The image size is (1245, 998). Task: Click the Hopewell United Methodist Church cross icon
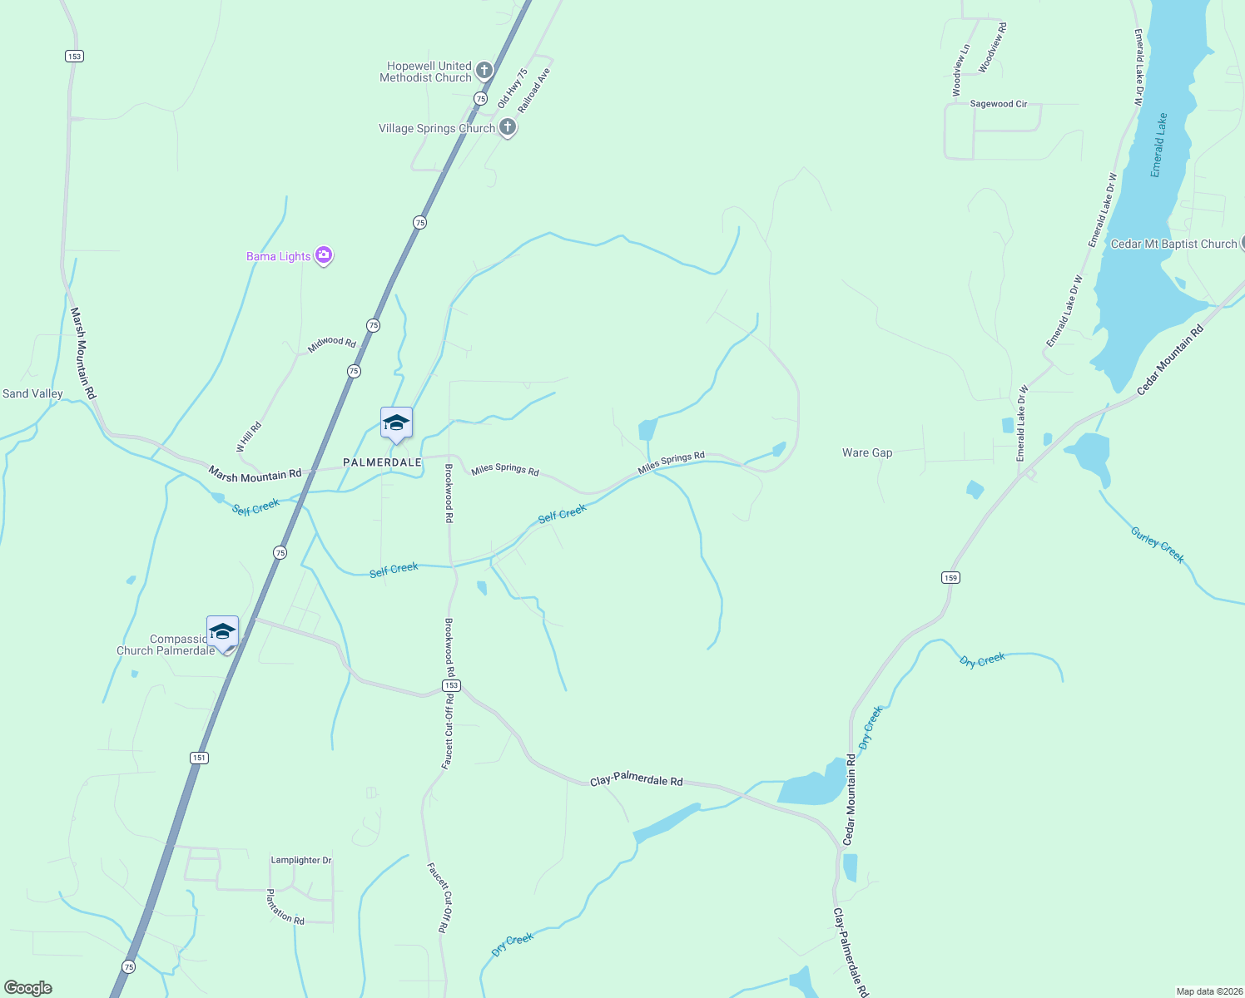point(484,71)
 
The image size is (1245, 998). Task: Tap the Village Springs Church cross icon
point(508,128)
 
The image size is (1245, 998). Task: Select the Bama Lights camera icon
point(325,256)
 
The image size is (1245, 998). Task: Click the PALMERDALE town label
point(382,462)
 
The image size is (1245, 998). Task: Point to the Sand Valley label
point(32,393)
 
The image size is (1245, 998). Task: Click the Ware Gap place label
point(867,452)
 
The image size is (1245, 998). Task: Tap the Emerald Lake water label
point(1158,145)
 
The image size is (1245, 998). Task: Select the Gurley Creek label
point(1157,545)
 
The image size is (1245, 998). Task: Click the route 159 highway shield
point(950,577)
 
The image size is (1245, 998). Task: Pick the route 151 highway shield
point(198,758)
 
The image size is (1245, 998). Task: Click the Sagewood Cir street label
point(999,104)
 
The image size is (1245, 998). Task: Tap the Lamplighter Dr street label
point(301,860)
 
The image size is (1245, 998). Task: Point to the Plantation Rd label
point(285,907)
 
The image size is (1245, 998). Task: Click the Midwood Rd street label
point(332,343)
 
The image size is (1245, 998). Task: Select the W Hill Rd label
point(249,437)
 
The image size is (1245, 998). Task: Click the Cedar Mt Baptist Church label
point(1173,244)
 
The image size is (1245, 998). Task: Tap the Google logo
point(28,988)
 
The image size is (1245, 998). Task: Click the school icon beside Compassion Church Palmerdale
point(222,632)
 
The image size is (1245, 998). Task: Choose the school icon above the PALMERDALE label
point(396,423)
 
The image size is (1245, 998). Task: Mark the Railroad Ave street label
point(533,91)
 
